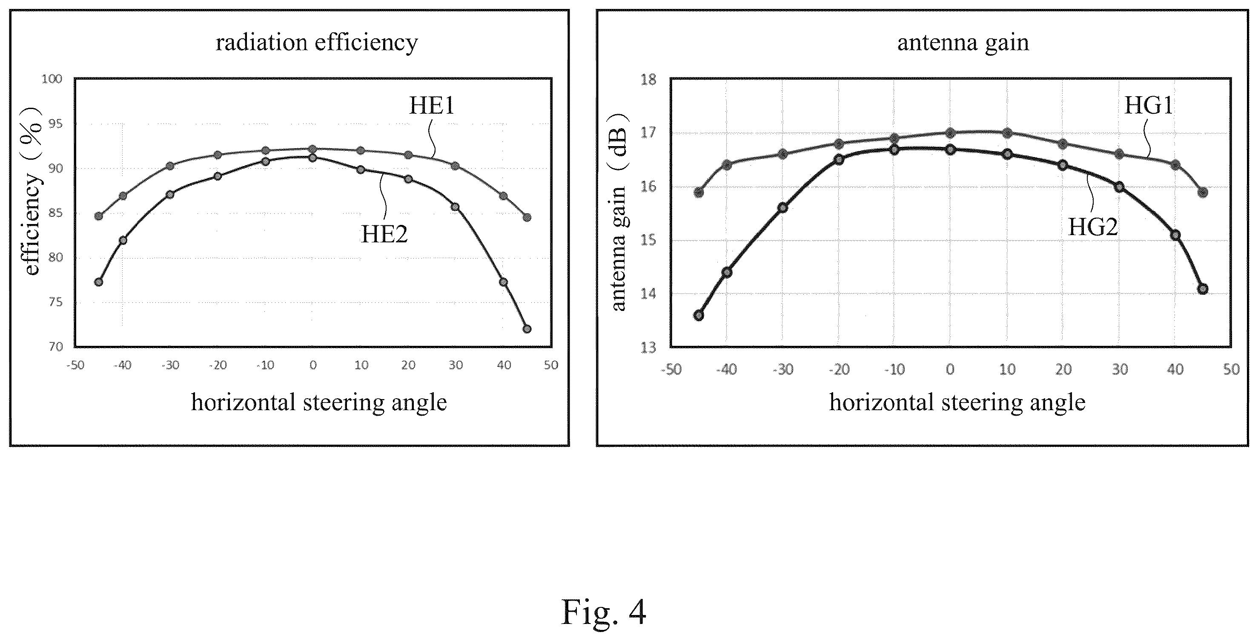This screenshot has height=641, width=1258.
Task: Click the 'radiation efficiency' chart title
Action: coord(317,43)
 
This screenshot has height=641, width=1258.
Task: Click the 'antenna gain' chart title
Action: coord(963,43)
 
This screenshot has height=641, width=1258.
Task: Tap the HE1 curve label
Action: coord(431,106)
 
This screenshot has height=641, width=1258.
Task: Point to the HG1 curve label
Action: coord(1149,105)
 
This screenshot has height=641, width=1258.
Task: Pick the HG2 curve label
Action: coord(1093,227)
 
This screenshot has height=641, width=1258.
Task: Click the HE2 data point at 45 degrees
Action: coord(527,329)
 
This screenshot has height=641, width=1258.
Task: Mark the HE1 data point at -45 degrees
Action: coord(99,216)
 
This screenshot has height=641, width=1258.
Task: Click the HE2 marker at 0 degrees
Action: coord(312,157)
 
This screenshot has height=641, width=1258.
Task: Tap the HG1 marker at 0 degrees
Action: coord(950,132)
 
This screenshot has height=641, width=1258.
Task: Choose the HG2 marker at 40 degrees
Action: coord(1175,235)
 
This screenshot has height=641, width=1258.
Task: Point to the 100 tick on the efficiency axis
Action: coord(52,79)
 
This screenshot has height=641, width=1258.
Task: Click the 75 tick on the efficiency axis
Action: coord(56,302)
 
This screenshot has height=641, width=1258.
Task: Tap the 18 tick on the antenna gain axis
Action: coord(648,79)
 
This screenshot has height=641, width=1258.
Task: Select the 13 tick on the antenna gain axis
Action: coord(648,348)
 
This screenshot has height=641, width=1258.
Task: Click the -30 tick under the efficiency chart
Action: coord(170,365)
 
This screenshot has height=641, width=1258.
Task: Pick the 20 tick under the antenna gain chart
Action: coord(1063,369)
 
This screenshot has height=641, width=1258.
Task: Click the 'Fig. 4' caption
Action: coord(604,612)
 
